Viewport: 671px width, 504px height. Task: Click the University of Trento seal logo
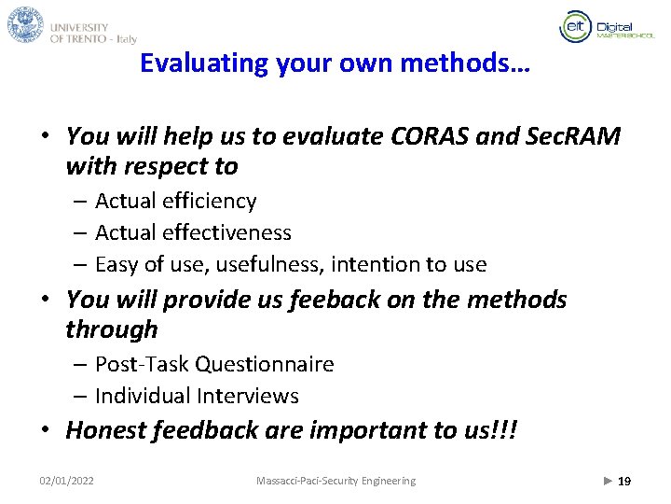[25, 24]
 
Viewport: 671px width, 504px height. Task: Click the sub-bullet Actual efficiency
[175, 201]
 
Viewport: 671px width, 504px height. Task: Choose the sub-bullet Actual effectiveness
[193, 232]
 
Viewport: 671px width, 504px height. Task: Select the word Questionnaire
[277, 364]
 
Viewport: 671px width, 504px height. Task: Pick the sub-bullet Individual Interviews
[197, 396]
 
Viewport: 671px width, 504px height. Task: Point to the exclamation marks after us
[504, 430]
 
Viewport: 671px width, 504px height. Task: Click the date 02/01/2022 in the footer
[66, 481]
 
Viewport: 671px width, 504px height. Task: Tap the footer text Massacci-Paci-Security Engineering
[335, 481]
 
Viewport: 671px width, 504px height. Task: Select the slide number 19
[624, 481]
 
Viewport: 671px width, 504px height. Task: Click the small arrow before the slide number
[608, 481]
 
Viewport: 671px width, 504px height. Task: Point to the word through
[112, 329]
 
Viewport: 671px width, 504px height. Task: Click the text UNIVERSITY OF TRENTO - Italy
[93, 34]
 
